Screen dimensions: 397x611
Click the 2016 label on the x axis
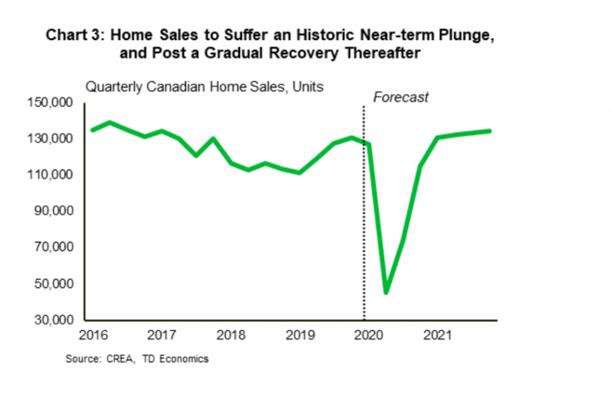click(92, 335)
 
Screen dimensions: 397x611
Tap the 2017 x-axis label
click(160, 335)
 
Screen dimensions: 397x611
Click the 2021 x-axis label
click(436, 335)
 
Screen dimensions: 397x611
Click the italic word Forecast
click(400, 97)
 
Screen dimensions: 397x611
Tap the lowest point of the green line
click(386, 292)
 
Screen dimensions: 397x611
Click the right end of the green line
click(489, 131)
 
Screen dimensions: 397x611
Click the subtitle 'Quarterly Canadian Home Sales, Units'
click(204, 87)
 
